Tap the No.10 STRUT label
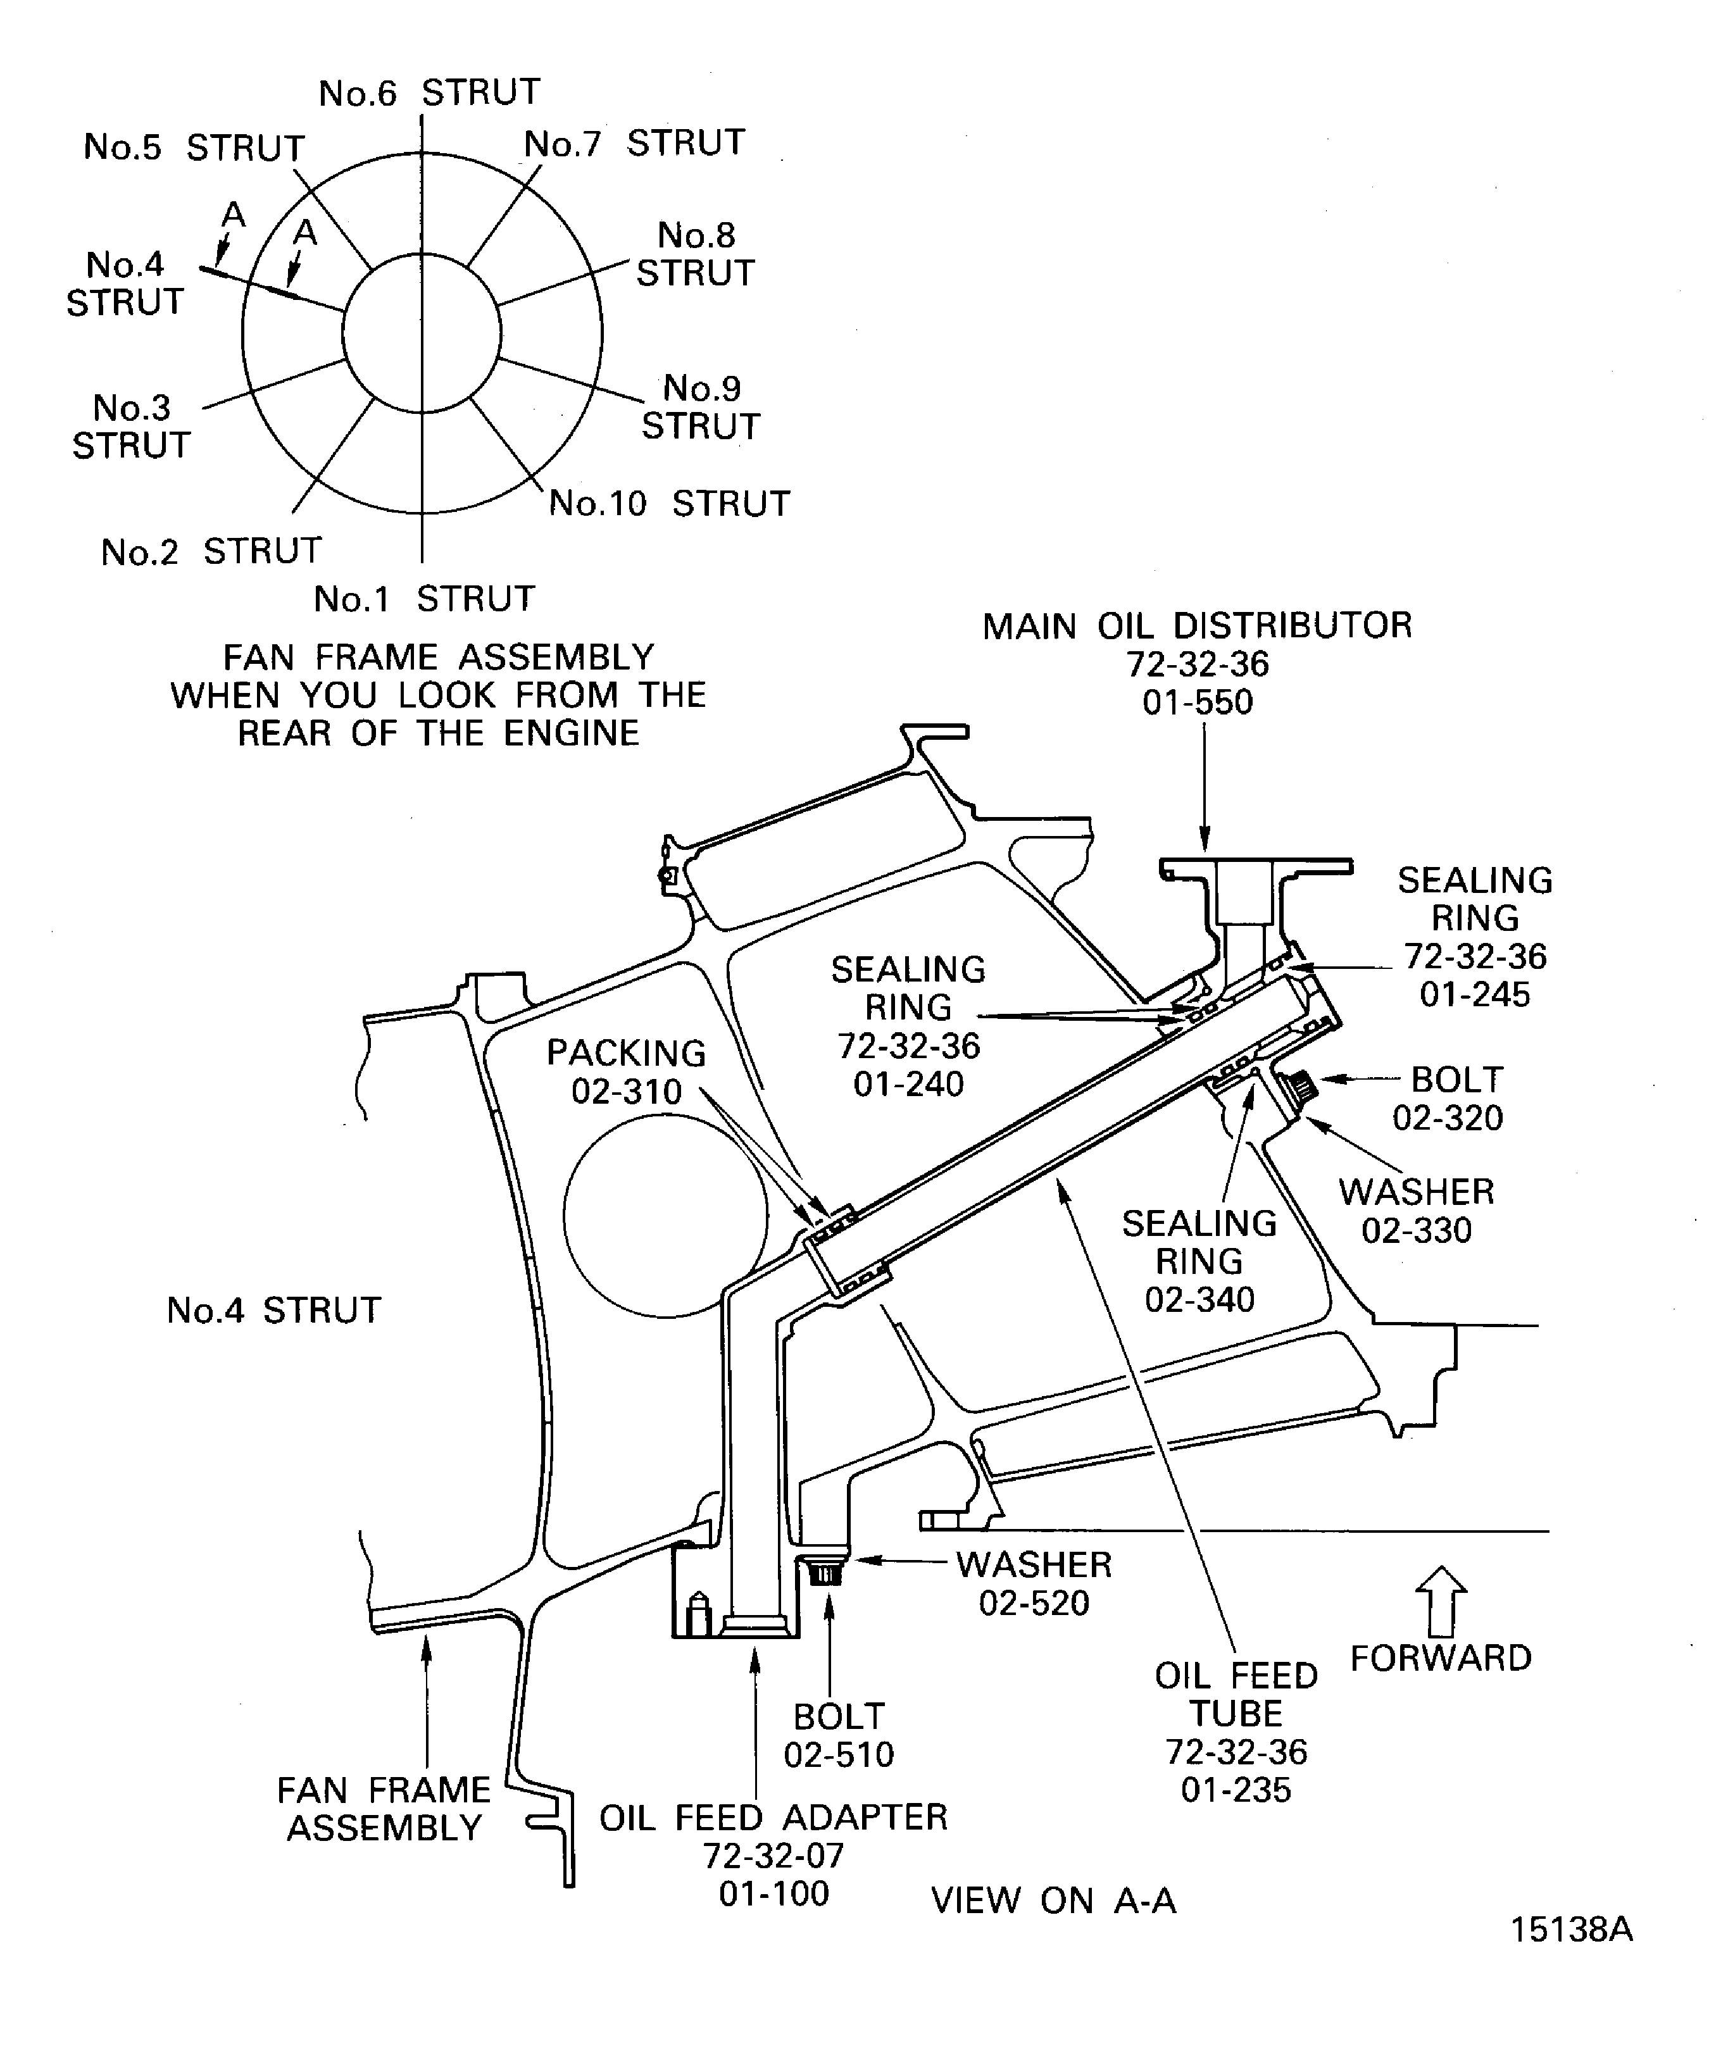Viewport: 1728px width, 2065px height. [670, 504]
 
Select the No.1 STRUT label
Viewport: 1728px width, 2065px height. [424, 598]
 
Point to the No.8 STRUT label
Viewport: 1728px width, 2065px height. [696, 254]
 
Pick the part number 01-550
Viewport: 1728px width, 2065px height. [1198, 702]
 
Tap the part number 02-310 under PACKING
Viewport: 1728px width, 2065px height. [627, 1092]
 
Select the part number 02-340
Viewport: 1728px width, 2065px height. [1200, 1299]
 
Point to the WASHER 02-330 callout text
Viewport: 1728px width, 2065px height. [1416, 1211]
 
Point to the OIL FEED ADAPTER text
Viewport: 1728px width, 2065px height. [773, 1817]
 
